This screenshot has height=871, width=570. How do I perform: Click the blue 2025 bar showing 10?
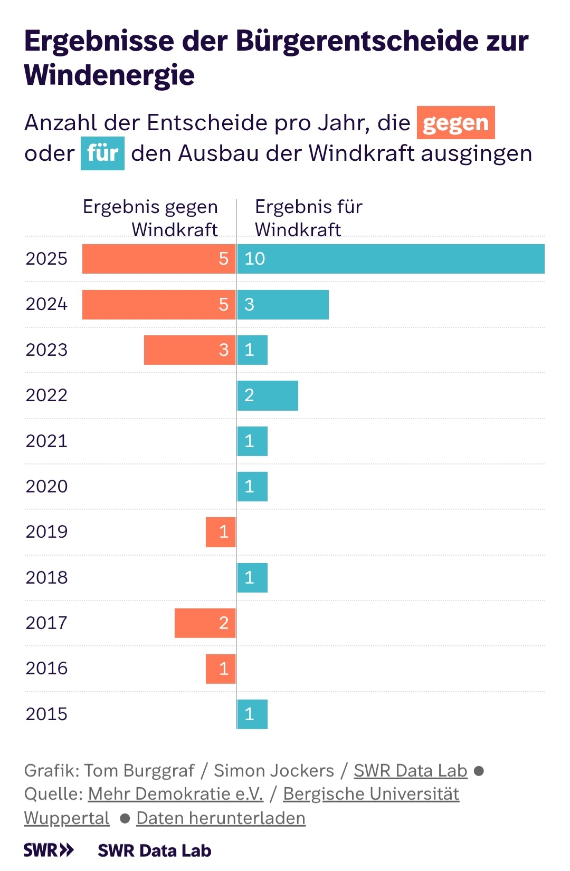coord(391,259)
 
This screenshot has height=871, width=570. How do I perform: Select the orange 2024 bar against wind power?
coord(158,304)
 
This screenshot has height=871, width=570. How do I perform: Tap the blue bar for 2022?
coord(268,395)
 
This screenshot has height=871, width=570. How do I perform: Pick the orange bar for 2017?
coord(205,623)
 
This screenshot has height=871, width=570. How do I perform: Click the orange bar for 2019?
coord(221,532)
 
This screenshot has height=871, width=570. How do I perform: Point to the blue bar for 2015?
coord(252,714)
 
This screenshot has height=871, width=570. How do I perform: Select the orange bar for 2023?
coord(189,350)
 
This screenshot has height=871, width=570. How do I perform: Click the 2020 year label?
coord(46,486)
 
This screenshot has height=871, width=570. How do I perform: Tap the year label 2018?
coord(46,577)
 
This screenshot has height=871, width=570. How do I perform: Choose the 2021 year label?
coord(46,441)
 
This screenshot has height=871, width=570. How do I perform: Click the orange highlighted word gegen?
coord(456,123)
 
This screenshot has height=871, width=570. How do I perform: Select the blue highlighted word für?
coord(102,153)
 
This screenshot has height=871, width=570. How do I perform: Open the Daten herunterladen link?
coord(221,818)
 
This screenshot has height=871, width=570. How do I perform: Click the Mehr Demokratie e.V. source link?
coord(175,793)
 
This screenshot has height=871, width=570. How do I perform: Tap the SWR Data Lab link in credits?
coord(410,770)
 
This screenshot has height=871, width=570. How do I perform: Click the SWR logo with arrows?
coord(49,850)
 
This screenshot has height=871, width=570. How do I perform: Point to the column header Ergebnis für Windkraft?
coord(309,218)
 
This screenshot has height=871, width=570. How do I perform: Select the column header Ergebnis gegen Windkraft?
coord(151,218)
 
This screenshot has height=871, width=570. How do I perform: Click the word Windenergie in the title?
coord(109,75)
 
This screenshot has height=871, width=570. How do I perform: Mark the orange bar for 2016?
coord(221,669)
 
